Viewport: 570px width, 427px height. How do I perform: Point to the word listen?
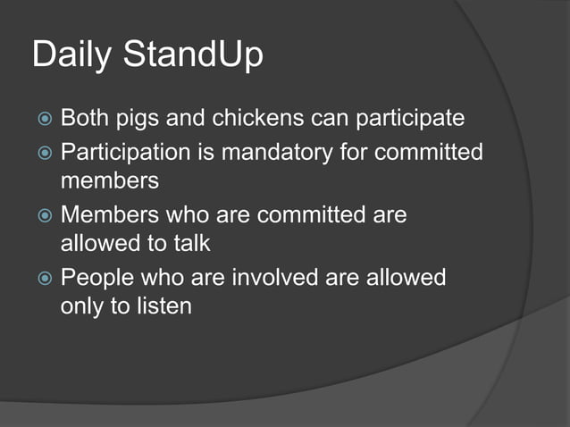(156, 306)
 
